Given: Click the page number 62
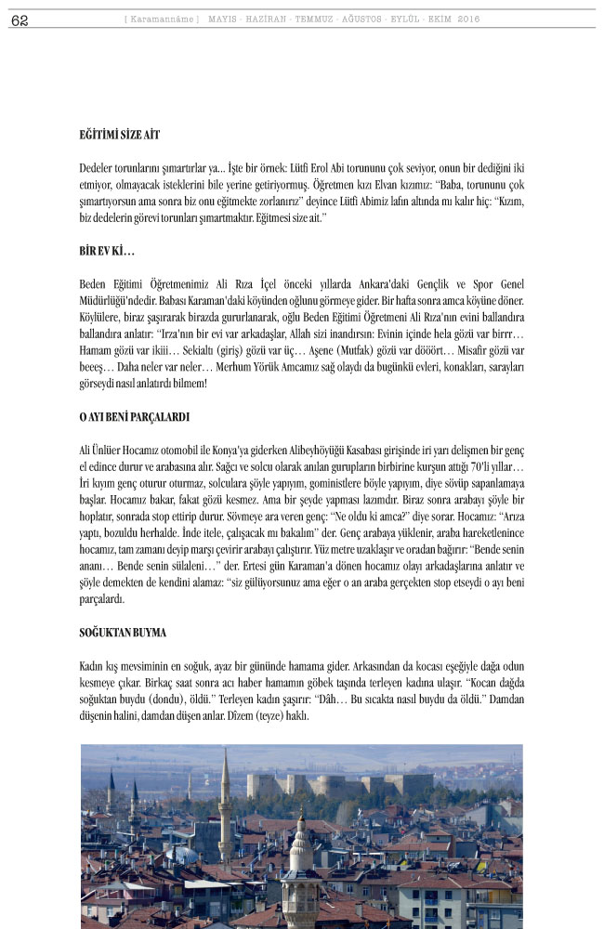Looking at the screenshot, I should [20, 20].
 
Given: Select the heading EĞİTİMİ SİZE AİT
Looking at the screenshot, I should [120, 135].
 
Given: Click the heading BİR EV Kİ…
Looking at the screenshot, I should [107, 252].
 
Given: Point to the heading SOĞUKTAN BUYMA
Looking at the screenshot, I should [123, 634].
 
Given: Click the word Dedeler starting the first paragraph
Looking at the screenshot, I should [98, 168].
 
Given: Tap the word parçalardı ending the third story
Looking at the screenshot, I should [102, 599].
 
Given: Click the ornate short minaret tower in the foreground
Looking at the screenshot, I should [298, 864].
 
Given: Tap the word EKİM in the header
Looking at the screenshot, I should [437, 20].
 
